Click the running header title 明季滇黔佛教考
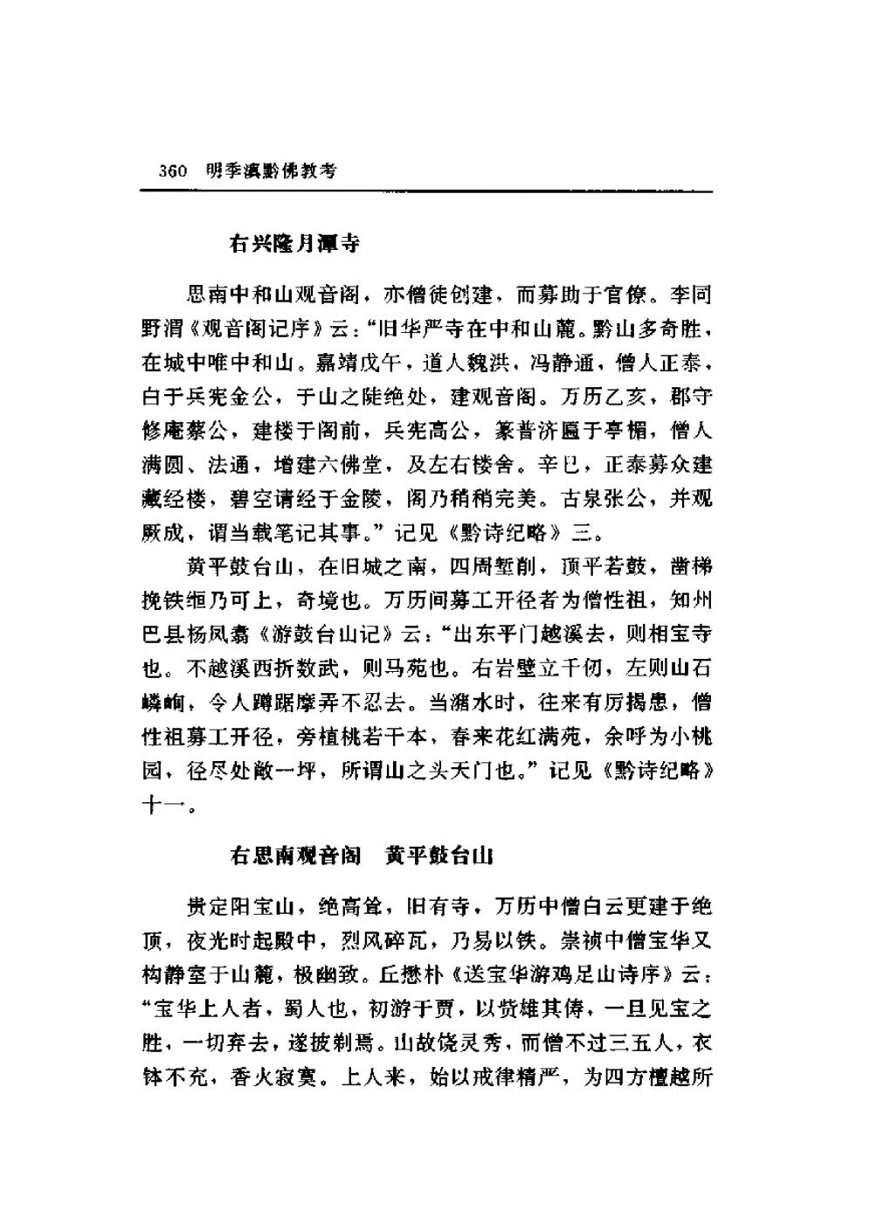point(270,171)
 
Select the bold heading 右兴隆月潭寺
point(294,244)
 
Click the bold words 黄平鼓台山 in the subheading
point(439,855)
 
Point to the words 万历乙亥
point(599,398)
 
